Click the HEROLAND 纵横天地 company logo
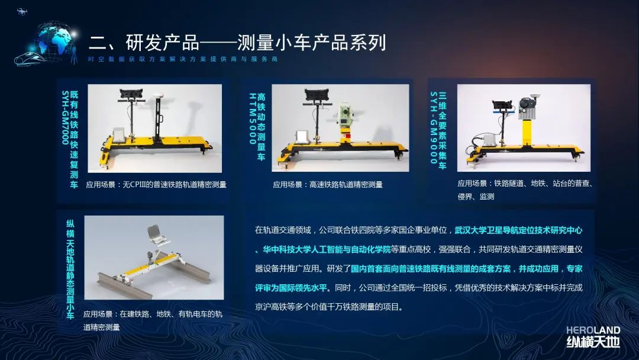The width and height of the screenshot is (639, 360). click(x=593, y=337)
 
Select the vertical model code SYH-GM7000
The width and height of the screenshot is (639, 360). click(x=65, y=117)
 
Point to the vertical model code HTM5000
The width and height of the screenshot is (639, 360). click(x=253, y=118)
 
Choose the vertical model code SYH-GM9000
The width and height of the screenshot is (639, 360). click(x=434, y=128)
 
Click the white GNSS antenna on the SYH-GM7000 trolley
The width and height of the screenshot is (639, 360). click(x=158, y=96)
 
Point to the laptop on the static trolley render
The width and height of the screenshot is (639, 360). click(x=156, y=235)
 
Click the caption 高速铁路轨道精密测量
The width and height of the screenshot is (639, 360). click(x=346, y=185)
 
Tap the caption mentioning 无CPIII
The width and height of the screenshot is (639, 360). click(x=156, y=185)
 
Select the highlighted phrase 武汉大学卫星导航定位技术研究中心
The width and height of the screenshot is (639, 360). click(x=518, y=230)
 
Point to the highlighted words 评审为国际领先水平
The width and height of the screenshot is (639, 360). click(x=291, y=288)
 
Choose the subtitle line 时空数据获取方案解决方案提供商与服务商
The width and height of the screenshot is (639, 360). click(x=183, y=59)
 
